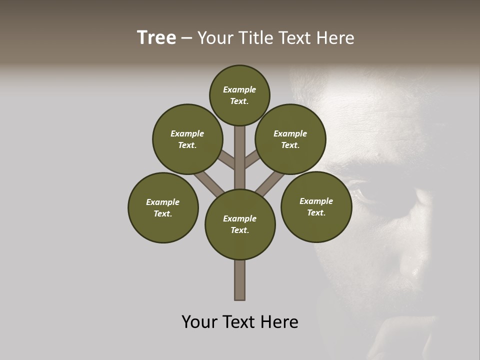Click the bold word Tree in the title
[156, 38]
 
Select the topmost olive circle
[239, 95]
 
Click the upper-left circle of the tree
[187, 139]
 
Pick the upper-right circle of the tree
[290, 139]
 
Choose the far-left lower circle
[163, 207]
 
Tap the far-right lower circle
[316, 206]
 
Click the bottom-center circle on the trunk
[240, 224]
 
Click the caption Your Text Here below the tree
[240, 322]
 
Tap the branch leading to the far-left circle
[207, 182]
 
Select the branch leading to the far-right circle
[270, 183]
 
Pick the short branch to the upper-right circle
[252, 159]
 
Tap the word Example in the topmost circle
[239, 89]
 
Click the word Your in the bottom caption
[199, 322]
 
